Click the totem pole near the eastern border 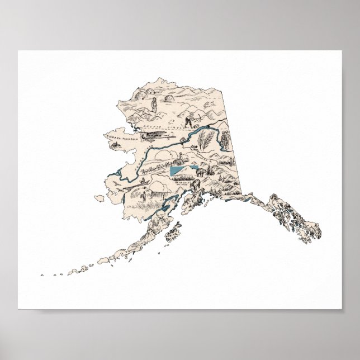[x=224, y=139]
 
